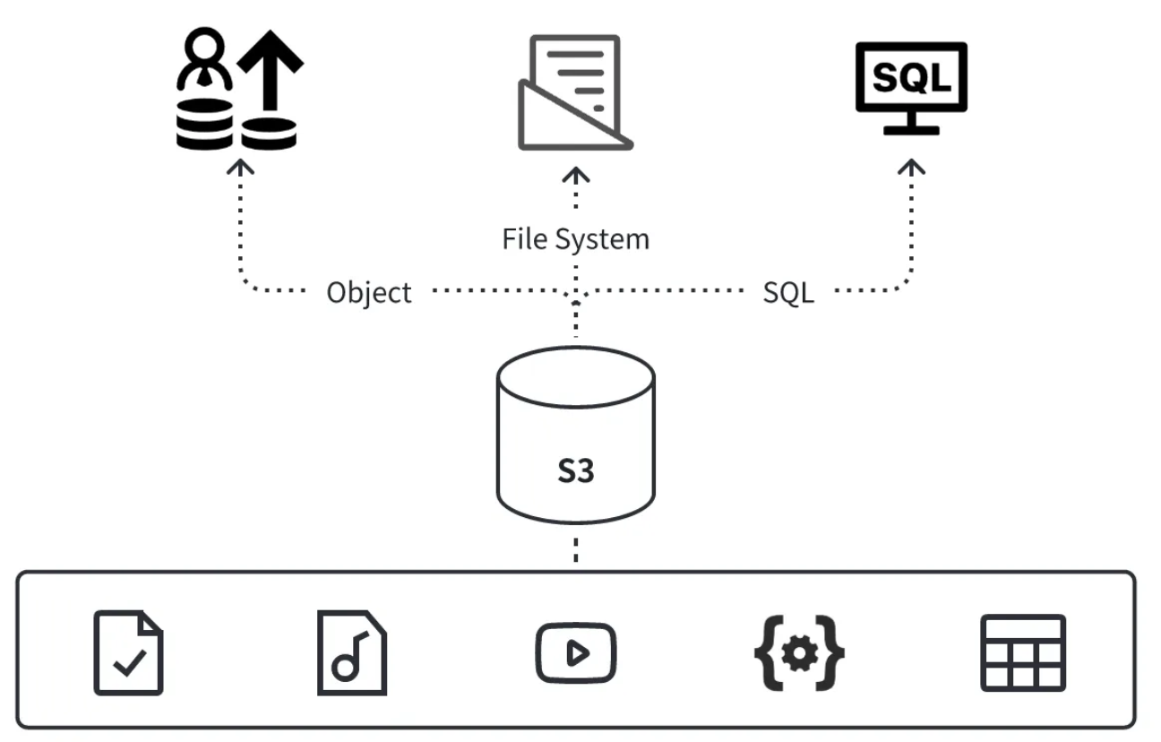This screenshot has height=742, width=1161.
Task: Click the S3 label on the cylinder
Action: click(x=575, y=470)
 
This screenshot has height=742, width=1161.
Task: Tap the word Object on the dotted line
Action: click(x=369, y=293)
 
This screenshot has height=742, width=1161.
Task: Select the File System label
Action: click(x=575, y=239)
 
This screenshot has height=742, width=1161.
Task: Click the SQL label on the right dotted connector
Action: click(x=788, y=292)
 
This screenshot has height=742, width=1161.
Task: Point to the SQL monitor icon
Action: click(x=911, y=78)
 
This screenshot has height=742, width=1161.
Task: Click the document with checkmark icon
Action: click(x=129, y=652)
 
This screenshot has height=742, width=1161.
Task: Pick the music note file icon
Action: click(x=352, y=652)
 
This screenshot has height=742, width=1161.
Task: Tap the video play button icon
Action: click(x=575, y=653)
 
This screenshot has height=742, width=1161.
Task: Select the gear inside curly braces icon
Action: click(x=799, y=652)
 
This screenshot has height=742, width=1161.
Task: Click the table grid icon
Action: click(x=1023, y=652)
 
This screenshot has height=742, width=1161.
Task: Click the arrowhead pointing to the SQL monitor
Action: click(x=912, y=167)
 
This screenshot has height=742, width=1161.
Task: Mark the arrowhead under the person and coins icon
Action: click(x=240, y=167)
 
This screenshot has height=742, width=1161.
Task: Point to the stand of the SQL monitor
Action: click(x=911, y=124)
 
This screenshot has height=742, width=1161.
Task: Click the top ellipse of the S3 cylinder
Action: click(x=575, y=374)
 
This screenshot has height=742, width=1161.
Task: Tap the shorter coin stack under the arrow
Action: click(x=270, y=134)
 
